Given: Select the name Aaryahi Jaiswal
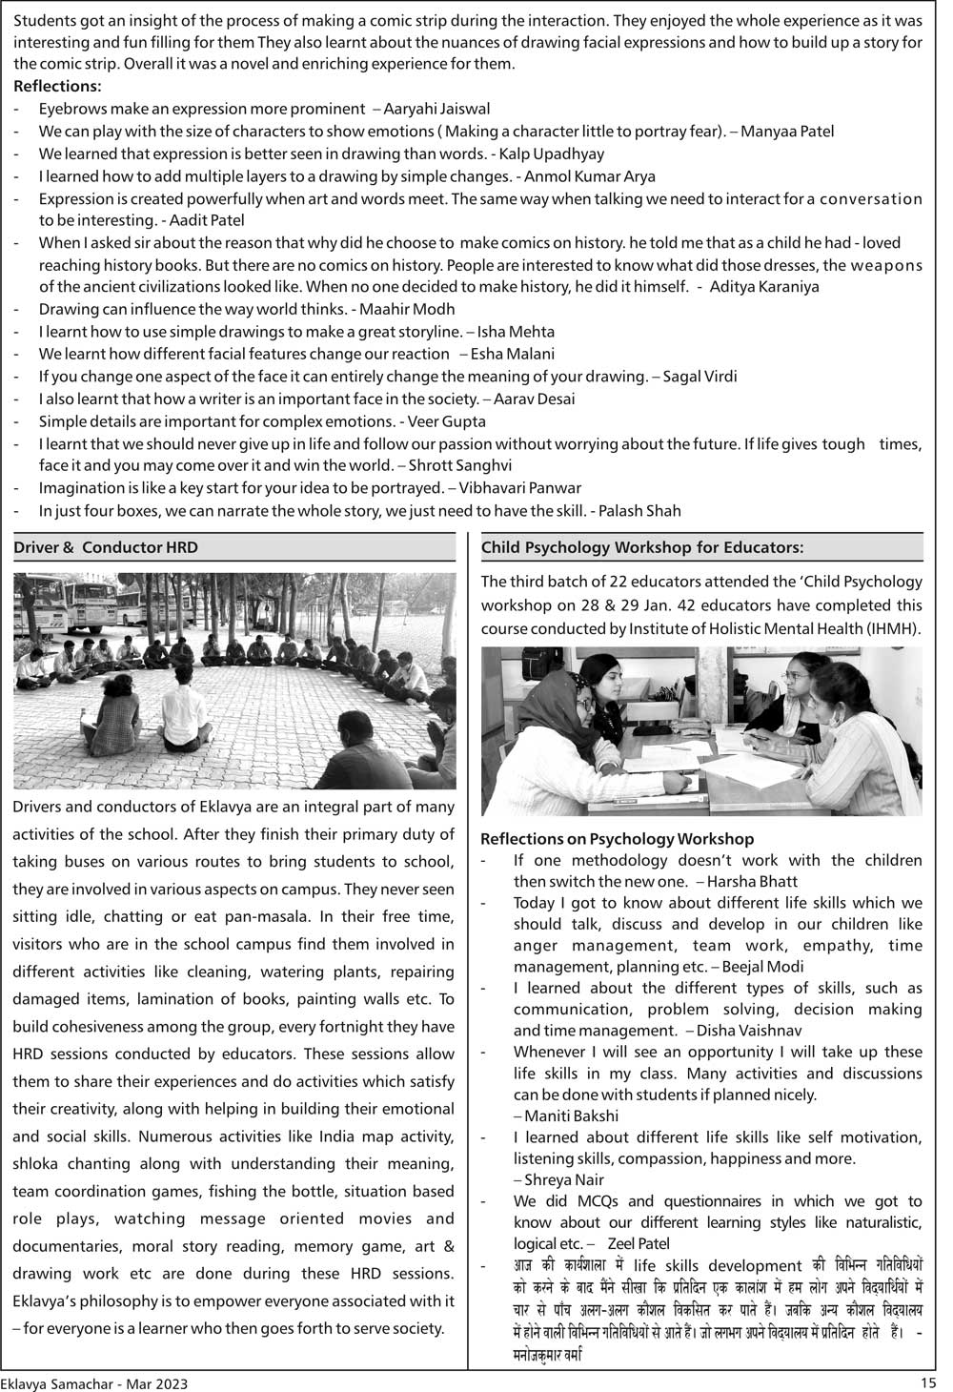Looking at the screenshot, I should [x=437, y=109].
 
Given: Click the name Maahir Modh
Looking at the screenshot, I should [x=408, y=309].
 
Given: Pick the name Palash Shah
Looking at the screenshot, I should [x=640, y=511].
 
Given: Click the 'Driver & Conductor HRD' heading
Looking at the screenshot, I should [x=106, y=547].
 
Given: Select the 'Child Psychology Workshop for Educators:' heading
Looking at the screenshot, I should [x=642, y=547].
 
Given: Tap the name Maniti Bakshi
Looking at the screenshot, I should [x=571, y=1116].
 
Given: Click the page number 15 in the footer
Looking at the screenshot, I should [x=929, y=1382].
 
